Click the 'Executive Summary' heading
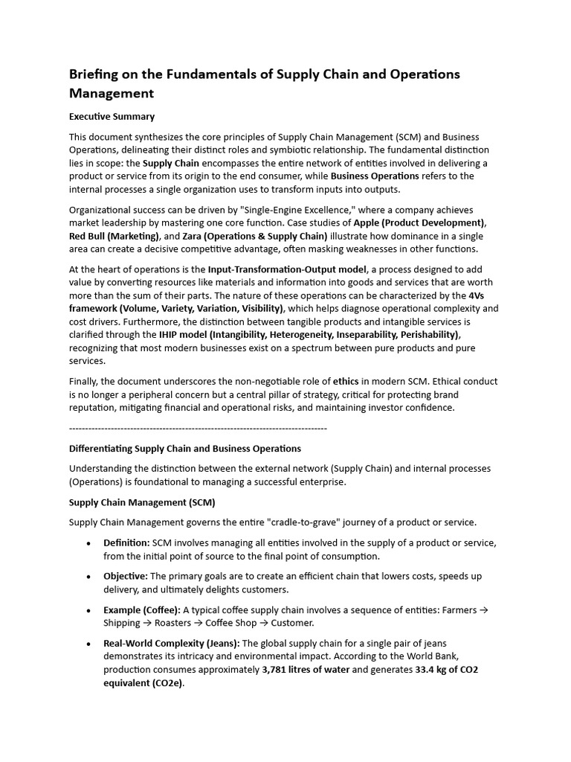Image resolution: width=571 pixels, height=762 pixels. click(x=112, y=116)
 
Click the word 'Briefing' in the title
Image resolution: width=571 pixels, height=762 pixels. click(x=95, y=74)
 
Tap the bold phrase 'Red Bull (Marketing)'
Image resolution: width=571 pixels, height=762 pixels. click(x=113, y=235)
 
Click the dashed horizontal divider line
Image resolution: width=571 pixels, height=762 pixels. click(x=198, y=429)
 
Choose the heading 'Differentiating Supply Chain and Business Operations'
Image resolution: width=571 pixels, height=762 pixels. click(x=185, y=449)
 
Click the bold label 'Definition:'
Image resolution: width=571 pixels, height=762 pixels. click(x=126, y=542)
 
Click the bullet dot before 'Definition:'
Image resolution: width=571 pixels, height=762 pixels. click(x=89, y=543)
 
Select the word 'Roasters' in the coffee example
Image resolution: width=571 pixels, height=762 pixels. click(x=172, y=623)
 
